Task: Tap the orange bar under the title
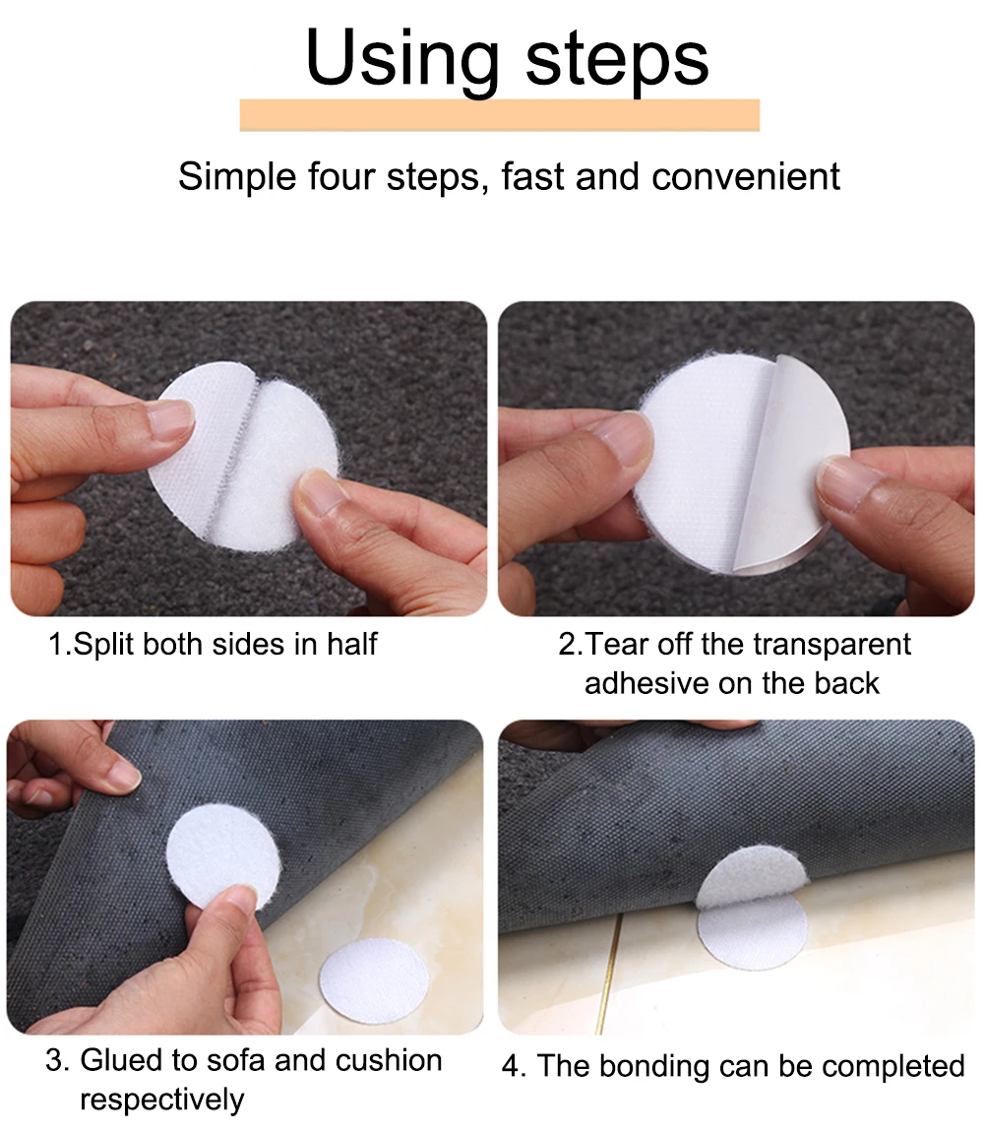tap(499, 115)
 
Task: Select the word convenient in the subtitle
tap(746, 176)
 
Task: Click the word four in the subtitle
tap(338, 176)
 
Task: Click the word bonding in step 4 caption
tap(653, 1067)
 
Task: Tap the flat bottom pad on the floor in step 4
tap(752, 932)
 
